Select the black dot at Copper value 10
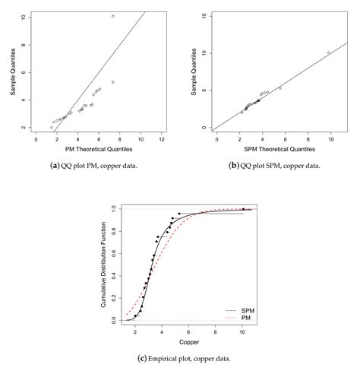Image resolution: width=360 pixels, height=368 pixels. tap(243, 209)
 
